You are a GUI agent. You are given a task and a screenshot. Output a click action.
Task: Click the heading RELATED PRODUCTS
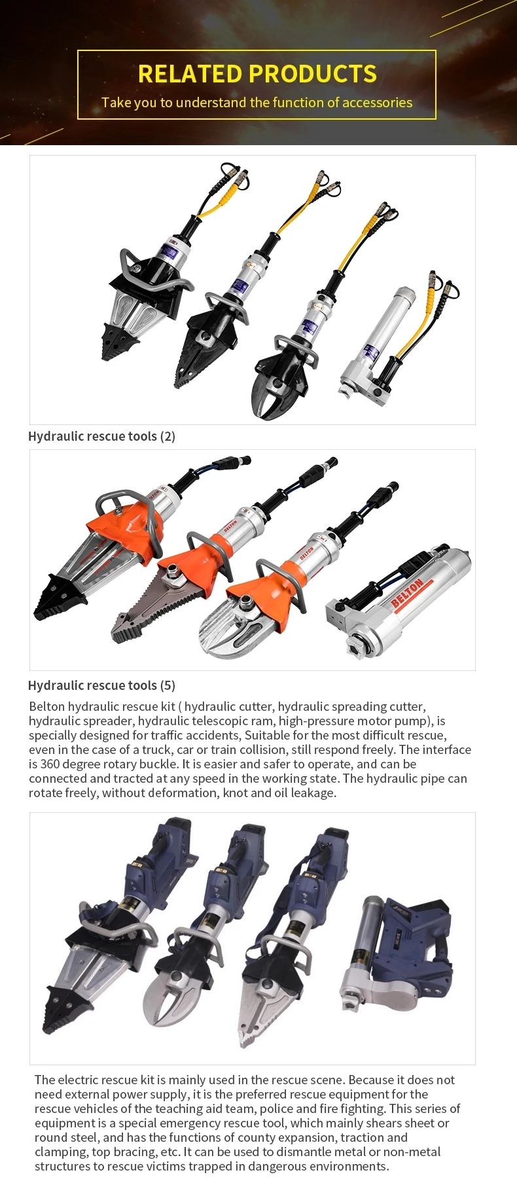click(257, 74)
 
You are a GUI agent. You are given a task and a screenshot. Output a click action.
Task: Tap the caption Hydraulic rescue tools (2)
click(101, 436)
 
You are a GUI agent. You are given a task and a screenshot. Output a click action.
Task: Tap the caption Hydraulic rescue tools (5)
click(101, 685)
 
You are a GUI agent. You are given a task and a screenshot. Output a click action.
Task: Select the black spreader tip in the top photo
click(116, 341)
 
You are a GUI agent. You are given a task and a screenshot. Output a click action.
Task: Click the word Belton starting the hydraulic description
click(47, 706)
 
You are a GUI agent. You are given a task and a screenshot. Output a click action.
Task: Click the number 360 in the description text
click(52, 764)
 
